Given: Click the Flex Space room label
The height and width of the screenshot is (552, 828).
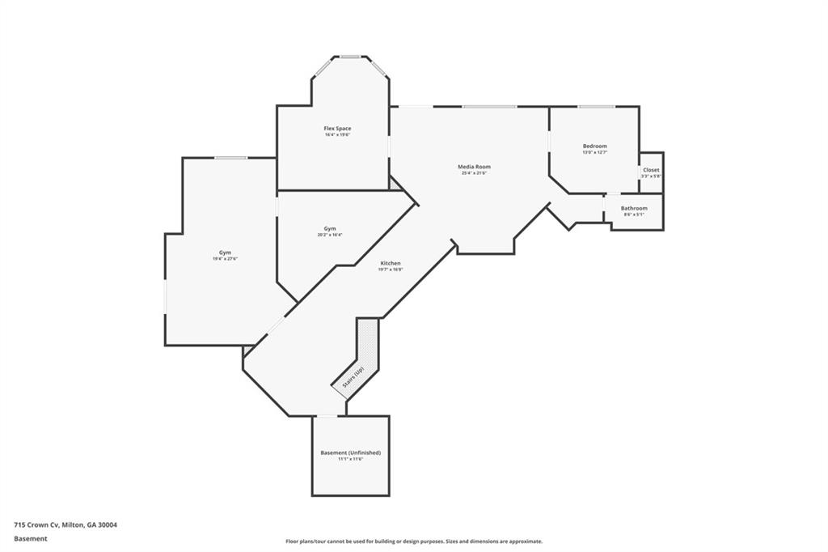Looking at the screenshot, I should click(337, 129).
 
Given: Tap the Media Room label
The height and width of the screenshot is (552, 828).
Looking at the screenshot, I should click(475, 167).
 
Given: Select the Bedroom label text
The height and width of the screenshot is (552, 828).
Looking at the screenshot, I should click(594, 146).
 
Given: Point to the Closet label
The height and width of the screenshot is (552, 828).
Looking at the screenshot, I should click(651, 170).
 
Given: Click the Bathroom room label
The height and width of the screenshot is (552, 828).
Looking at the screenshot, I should click(634, 208).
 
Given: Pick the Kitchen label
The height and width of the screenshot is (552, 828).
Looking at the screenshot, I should click(391, 263).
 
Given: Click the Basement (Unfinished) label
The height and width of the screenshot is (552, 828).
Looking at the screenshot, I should click(350, 452).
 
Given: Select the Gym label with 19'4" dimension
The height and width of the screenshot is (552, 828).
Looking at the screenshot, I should click(225, 253).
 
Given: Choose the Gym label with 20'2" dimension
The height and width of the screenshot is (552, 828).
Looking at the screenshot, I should click(330, 228).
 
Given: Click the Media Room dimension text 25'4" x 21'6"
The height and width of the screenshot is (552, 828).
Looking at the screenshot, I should click(475, 173).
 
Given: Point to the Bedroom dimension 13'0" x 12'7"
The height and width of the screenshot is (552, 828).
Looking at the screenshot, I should click(594, 152).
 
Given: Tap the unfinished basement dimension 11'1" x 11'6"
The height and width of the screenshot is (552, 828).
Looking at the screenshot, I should click(350, 459).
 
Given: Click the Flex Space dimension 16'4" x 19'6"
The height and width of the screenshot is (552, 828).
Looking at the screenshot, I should click(337, 135).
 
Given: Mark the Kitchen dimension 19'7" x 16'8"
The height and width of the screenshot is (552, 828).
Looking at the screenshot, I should click(391, 270).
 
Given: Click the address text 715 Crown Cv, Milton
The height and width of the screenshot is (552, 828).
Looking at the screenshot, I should click(65, 524).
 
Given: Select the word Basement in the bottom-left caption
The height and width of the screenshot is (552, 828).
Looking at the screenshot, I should click(30, 537).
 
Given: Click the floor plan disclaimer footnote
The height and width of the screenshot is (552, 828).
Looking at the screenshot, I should click(413, 541).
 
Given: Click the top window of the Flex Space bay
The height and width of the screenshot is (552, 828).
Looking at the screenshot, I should click(350, 57).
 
